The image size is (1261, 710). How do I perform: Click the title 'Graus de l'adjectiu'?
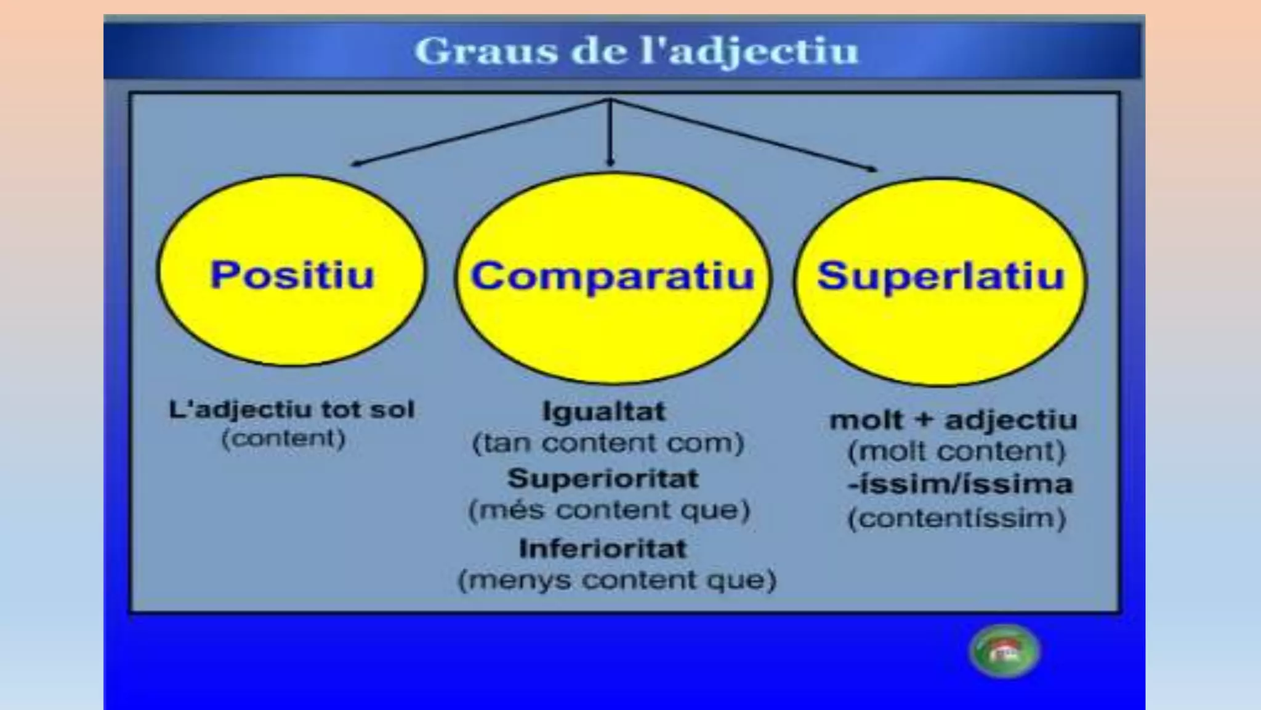click(636, 51)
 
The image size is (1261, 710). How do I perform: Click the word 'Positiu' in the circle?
click(292, 274)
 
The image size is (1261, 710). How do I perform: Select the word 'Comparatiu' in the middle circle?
click(613, 275)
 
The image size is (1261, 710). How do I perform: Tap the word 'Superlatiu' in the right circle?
click(940, 275)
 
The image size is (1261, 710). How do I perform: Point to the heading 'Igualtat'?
click(603, 412)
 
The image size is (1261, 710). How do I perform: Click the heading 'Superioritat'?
click(603, 479)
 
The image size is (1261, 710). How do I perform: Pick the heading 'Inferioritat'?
click(603, 549)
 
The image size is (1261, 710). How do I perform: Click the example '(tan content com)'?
click(608, 444)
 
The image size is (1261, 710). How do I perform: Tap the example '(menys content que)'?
click(617, 581)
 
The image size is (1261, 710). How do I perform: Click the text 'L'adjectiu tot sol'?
click(292, 410)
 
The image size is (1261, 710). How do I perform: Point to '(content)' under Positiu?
click(283, 439)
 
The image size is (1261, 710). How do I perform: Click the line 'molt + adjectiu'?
click(953, 420)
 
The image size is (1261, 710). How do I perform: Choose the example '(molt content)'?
click(956, 452)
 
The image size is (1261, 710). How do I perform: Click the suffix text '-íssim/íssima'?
click(960, 484)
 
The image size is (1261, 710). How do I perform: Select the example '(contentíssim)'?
click(957, 518)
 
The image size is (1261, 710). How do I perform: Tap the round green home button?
click(1004, 651)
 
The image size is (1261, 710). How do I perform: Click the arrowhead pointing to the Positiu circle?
click(355, 163)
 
